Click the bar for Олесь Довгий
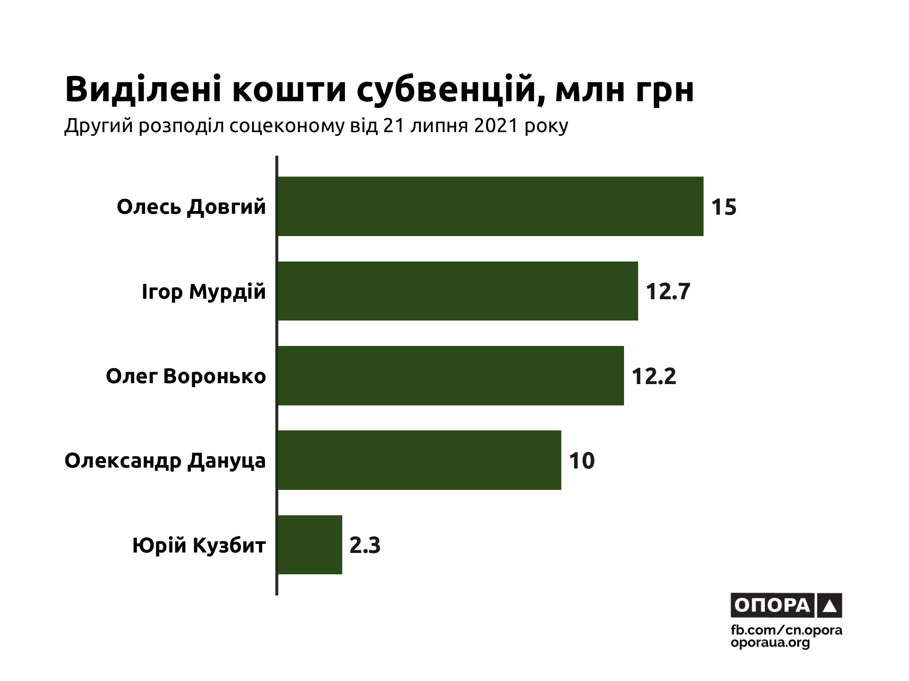(x=490, y=206)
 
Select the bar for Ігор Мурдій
(x=457, y=291)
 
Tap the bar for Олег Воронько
(x=450, y=375)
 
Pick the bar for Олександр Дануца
(x=419, y=460)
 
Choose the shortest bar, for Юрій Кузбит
(x=309, y=544)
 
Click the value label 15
(x=724, y=207)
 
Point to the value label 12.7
(x=668, y=291)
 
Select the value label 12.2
(x=654, y=376)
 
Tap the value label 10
(x=581, y=461)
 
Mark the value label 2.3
(x=365, y=545)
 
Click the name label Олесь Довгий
(x=191, y=207)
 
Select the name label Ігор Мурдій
(x=203, y=292)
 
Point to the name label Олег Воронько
(x=185, y=376)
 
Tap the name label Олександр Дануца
(x=165, y=461)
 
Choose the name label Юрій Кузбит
(x=199, y=545)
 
